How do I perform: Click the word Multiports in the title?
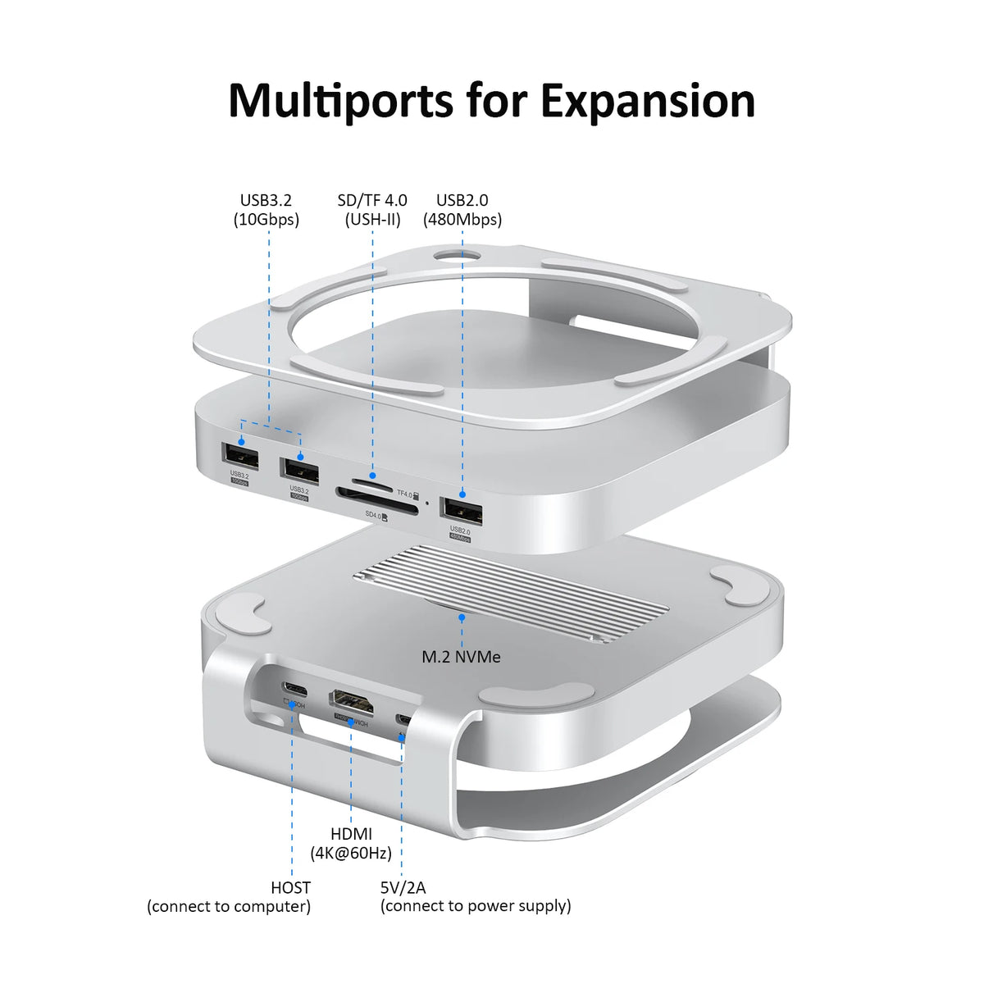[x=340, y=101]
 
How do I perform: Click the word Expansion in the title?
[x=648, y=101]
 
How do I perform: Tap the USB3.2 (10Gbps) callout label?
[x=266, y=209]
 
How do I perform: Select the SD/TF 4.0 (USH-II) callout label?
[x=372, y=209]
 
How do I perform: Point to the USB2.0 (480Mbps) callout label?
[x=462, y=209]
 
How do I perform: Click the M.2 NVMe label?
[x=461, y=656]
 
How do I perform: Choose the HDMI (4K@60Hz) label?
[x=351, y=843]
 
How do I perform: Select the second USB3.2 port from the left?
[x=299, y=470]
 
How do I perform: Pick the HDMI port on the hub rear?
[x=352, y=701]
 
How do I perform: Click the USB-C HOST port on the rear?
[x=293, y=687]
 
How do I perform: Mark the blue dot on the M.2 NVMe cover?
[x=462, y=617]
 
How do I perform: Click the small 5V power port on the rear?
[x=403, y=719]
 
